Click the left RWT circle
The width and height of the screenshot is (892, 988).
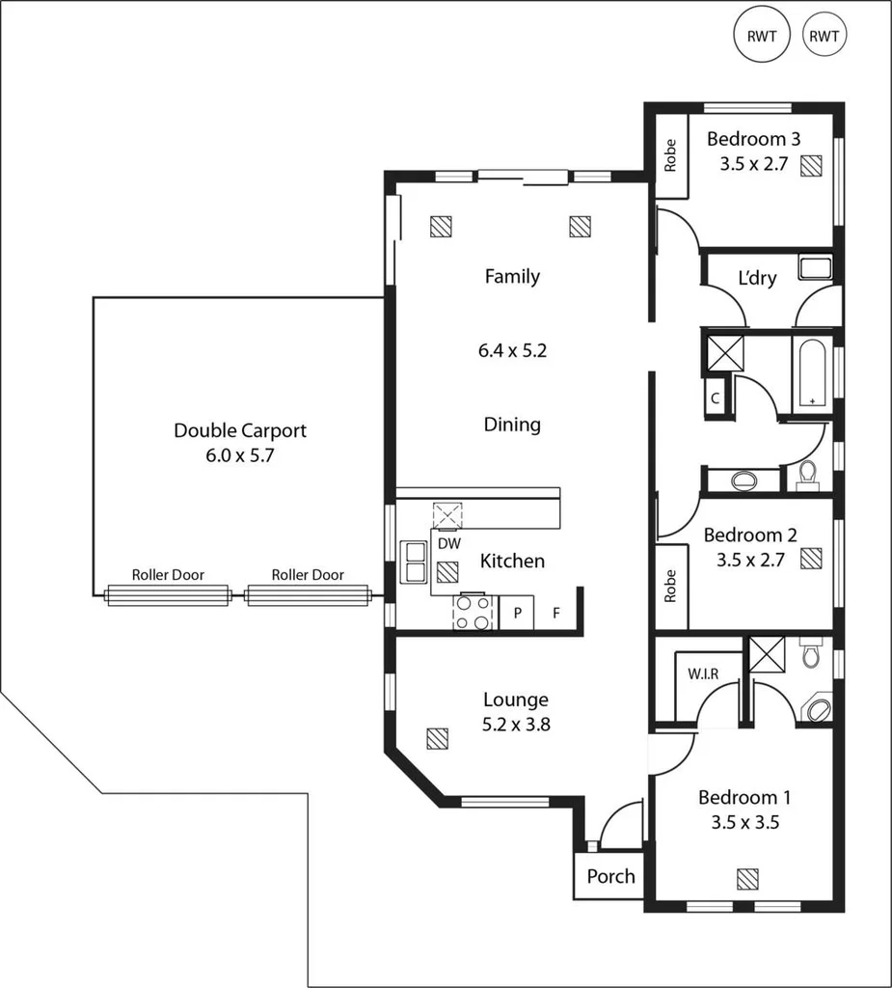(x=762, y=37)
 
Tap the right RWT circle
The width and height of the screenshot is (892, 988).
(x=824, y=37)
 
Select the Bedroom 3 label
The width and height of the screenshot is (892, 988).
(x=753, y=138)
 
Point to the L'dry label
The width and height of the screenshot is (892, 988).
(x=756, y=278)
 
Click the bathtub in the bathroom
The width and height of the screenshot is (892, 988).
(x=812, y=373)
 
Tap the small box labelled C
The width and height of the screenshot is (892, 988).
(x=716, y=397)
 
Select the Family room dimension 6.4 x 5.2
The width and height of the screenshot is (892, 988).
(x=512, y=351)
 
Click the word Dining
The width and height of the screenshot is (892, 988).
(x=512, y=425)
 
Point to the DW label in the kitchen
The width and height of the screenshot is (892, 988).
(x=448, y=544)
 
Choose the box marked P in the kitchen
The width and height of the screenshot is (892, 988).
(x=517, y=614)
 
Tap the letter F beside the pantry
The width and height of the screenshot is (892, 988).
(x=556, y=614)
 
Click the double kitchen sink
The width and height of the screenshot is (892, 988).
(x=415, y=562)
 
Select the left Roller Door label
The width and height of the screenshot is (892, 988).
(x=168, y=575)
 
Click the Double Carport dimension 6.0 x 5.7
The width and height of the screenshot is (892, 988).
(x=240, y=456)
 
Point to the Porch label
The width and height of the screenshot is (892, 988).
(x=610, y=876)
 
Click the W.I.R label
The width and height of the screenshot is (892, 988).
(x=702, y=673)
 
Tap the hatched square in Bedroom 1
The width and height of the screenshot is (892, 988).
(x=747, y=879)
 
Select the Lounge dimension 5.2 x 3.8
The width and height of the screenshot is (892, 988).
(x=516, y=725)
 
